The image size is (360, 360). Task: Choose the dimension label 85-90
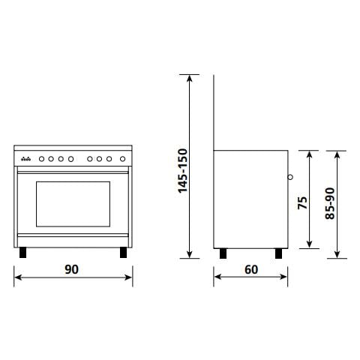[x=330, y=203]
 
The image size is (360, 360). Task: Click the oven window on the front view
[x=73, y=205]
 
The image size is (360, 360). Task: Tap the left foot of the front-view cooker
[x=25, y=252]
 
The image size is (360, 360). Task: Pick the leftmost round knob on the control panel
[x=43, y=158]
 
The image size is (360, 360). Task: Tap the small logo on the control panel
[x=25, y=158]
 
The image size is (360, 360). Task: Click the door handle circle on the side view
[x=289, y=178]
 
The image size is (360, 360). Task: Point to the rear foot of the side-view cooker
[x=223, y=252]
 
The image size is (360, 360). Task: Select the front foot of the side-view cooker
[x=279, y=252]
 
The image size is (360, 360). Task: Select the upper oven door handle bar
[x=73, y=171]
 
